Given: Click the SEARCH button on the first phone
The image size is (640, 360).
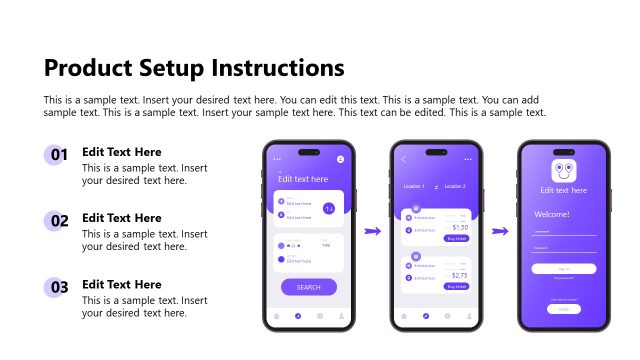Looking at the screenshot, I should (308, 287).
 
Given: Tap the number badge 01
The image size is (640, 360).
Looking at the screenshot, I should (59, 155).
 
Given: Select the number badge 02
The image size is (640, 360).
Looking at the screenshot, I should (59, 221).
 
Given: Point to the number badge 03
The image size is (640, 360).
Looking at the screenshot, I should (59, 287).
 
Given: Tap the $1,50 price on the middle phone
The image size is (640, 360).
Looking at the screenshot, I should (460, 227).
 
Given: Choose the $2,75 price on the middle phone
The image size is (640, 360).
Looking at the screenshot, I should (460, 275).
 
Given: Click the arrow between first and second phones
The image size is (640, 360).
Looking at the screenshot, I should (372, 232).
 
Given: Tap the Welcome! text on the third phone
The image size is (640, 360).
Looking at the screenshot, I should (552, 214).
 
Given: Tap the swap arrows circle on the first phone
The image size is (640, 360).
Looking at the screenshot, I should (329, 208).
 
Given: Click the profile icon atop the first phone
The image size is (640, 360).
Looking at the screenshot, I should (341, 159).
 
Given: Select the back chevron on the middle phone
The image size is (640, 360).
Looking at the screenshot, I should (404, 159).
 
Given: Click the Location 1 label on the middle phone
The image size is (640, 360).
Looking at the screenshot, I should (414, 187).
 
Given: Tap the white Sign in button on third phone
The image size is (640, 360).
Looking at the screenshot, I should (564, 268).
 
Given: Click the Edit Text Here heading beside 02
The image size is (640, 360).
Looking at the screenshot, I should (121, 218).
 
